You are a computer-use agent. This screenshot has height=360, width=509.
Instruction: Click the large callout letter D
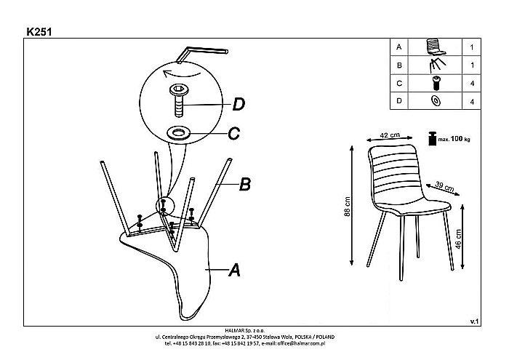(238, 105)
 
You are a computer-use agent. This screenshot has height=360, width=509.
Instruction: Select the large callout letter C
(234, 133)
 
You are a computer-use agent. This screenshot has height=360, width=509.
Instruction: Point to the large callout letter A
(234, 271)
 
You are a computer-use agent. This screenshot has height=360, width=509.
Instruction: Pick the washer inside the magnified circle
(178, 132)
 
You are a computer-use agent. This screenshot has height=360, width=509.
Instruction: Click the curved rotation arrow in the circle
(179, 73)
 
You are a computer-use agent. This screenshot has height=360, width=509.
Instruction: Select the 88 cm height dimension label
(348, 212)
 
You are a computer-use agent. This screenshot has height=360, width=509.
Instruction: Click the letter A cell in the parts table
(398, 47)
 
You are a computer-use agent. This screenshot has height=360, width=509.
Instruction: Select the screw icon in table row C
(437, 82)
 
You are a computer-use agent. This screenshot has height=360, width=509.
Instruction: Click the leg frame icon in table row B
(436, 65)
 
